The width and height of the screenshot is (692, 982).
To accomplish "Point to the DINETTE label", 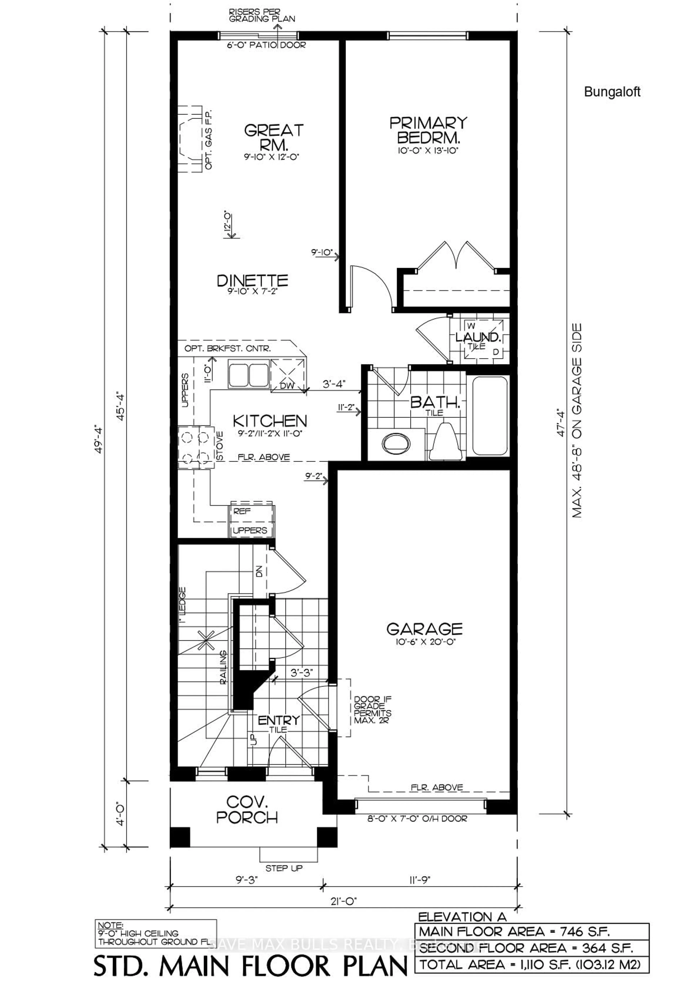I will [252, 281].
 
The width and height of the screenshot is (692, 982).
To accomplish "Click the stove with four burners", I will [196, 448].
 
